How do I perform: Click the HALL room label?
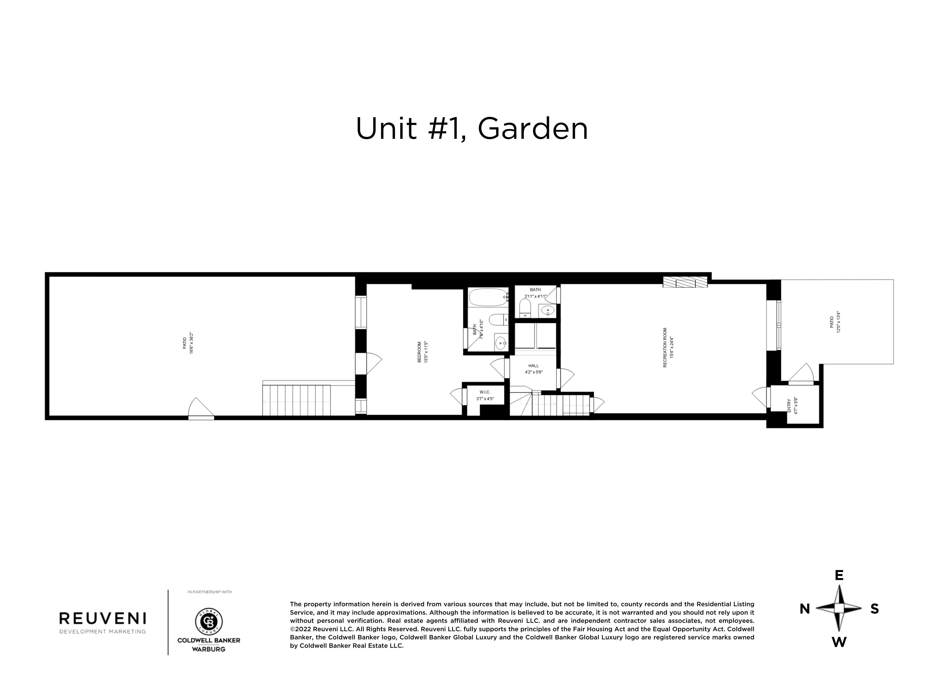tap(533, 366)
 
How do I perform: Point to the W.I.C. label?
tap(485, 392)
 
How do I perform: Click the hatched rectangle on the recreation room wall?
tap(685, 282)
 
